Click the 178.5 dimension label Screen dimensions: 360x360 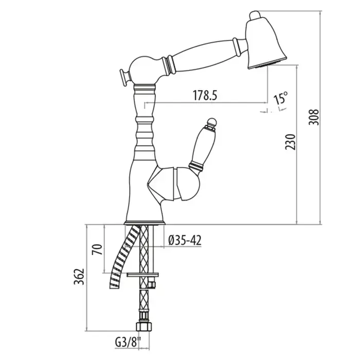205,95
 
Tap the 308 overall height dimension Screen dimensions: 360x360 314,117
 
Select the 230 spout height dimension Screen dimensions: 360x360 290,142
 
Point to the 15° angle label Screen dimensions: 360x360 281,98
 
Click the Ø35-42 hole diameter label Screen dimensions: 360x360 185,241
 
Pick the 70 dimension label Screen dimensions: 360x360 97,249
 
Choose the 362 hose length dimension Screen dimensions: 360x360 79,277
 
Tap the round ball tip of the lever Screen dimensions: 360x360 212,122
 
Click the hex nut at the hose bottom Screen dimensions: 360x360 144,327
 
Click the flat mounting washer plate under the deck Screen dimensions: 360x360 143,275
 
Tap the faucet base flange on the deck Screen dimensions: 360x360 145,223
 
